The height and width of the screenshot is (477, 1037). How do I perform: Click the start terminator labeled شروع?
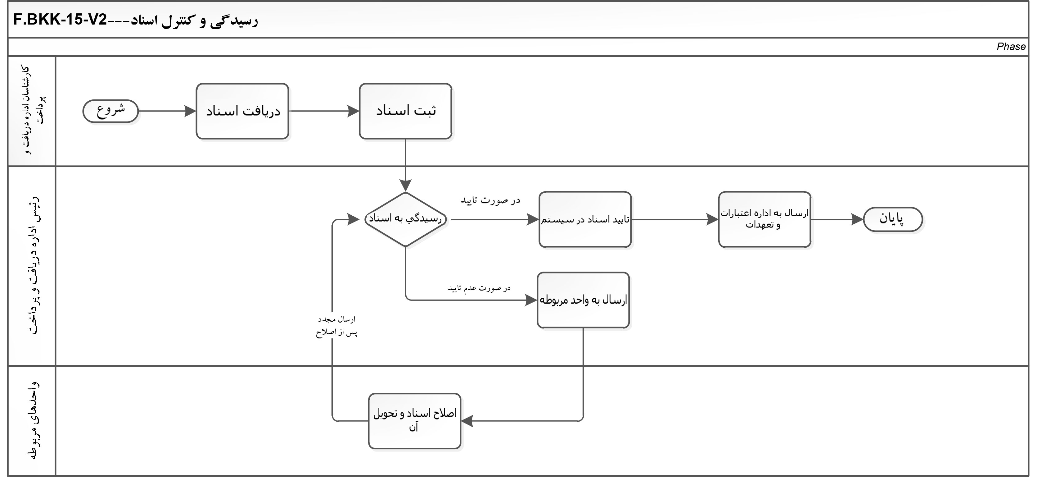pos(110,111)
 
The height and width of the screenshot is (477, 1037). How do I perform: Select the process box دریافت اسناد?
pos(242,111)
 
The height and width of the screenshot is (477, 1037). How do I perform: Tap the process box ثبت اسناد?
pos(405,111)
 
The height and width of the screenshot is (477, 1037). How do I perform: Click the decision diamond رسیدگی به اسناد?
pos(405,219)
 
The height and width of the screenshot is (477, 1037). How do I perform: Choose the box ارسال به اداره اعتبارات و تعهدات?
pos(764,219)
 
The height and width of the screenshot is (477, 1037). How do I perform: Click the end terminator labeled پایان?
pos(892,219)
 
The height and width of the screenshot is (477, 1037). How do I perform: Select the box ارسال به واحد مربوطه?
pos(583,300)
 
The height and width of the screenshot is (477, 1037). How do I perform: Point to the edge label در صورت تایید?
pos(490,200)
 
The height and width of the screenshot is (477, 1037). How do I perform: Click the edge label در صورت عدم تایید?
pos(479,288)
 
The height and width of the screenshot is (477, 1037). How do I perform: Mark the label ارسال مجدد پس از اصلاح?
pos(336,326)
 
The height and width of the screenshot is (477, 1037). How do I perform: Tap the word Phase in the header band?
pos(1011,47)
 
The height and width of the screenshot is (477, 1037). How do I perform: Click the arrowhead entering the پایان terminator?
pos(857,219)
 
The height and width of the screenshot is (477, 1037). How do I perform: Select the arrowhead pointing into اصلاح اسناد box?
pos(467,421)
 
